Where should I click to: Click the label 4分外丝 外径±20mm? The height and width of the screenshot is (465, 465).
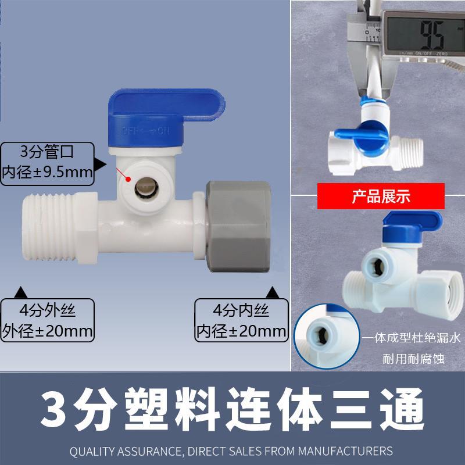[x=48, y=319]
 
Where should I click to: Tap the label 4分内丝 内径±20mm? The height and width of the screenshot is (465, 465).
[x=242, y=319]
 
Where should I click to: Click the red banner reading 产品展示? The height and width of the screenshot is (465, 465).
[x=381, y=196]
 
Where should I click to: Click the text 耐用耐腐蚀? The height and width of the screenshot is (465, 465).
[x=413, y=359]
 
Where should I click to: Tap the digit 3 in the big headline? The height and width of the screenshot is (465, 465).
[x=55, y=410]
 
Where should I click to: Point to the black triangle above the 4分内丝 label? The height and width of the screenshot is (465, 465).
[x=272, y=291]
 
